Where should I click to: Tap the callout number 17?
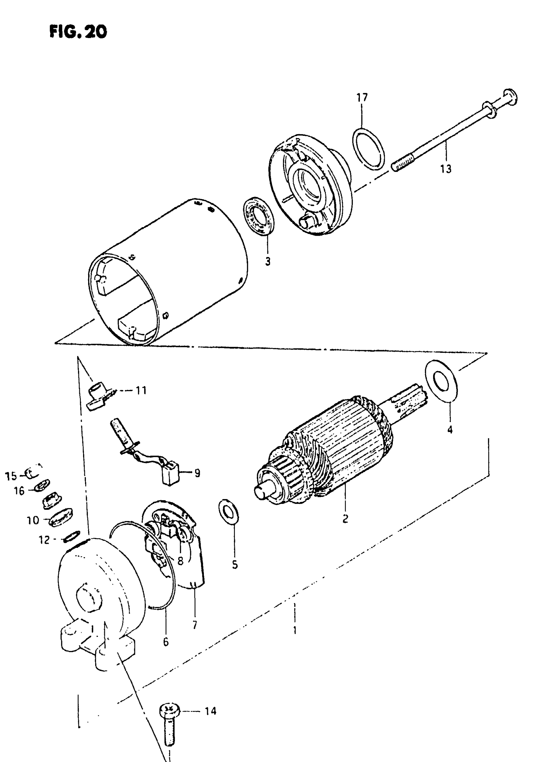362,98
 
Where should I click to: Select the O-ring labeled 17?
369,148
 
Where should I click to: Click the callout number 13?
446,169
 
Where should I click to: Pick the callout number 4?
450,430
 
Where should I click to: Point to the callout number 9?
197,473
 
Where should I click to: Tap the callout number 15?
11,476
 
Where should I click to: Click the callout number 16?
19,491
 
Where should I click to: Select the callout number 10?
33,520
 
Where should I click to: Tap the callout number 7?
195,625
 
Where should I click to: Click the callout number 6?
166,642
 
